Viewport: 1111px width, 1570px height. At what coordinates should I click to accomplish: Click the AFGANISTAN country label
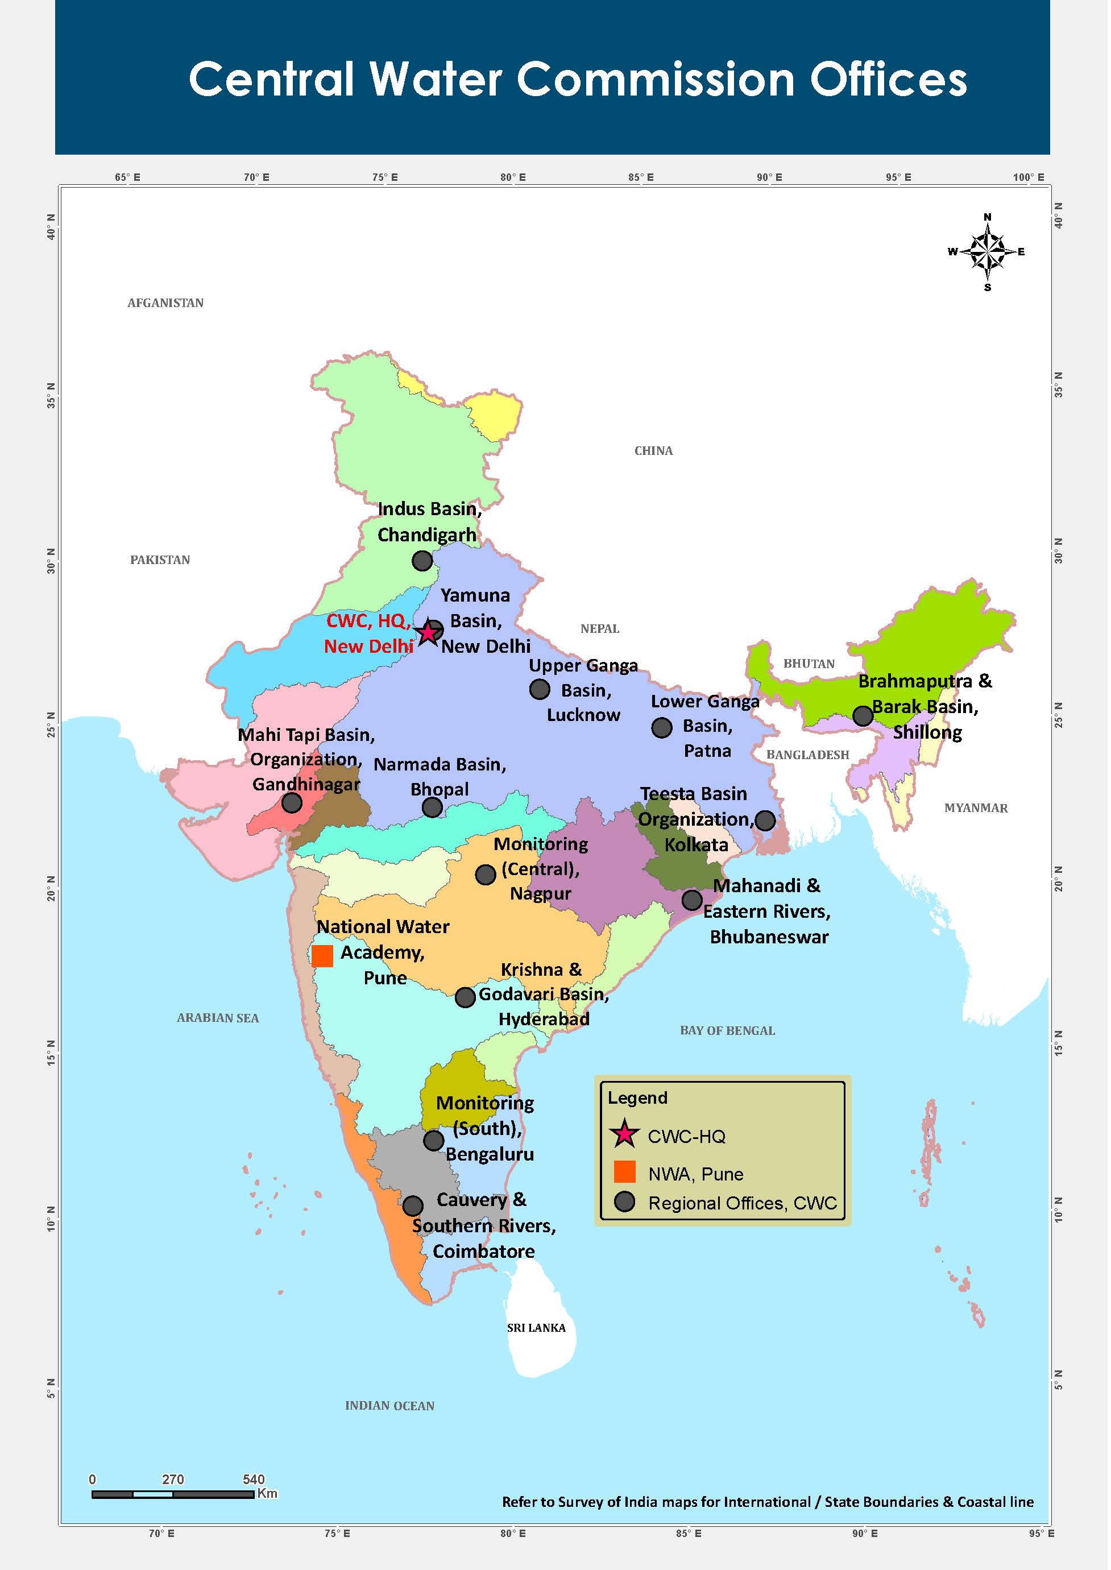[166, 304]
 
